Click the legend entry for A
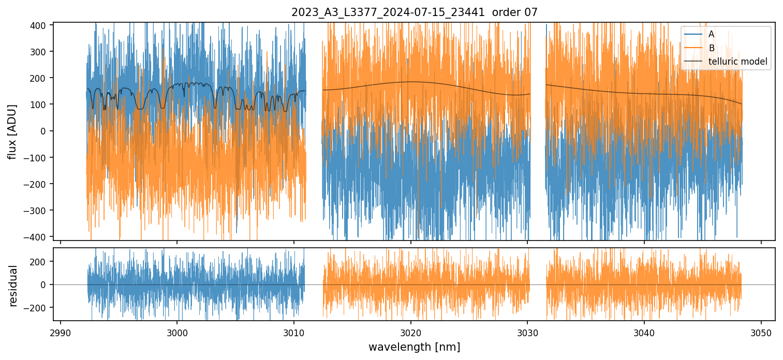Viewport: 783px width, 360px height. [711, 34]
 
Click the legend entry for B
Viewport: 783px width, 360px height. [711, 48]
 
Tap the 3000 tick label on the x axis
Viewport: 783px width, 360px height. [177, 331]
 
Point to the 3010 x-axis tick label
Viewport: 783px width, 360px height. [294, 331]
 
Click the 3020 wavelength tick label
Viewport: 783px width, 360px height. [410, 331]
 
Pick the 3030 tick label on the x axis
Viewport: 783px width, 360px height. [527, 331]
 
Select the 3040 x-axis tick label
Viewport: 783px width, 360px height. [644, 331]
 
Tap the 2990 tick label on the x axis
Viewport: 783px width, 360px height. [61, 331]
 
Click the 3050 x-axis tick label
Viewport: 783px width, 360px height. [761, 331]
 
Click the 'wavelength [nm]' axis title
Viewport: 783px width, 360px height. [414, 347]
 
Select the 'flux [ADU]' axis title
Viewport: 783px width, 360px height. [12, 131]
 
